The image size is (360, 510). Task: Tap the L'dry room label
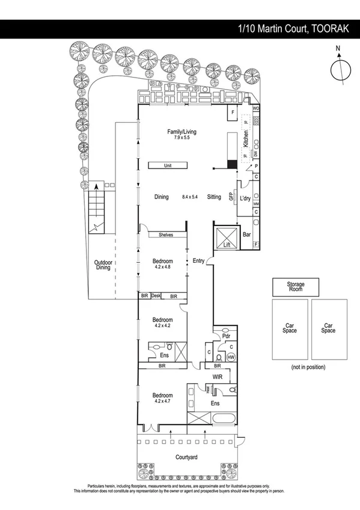click(245, 198)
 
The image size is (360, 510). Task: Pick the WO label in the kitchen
click(255, 108)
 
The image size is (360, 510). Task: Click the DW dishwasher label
click(255, 154)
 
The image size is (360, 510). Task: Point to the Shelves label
click(166, 235)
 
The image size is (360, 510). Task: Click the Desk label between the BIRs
click(156, 296)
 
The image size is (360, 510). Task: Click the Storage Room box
click(296, 287)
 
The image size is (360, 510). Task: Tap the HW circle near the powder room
click(231, 357)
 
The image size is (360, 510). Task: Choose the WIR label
click(218, 376)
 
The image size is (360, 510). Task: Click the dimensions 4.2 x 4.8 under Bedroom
click(162, 266)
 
